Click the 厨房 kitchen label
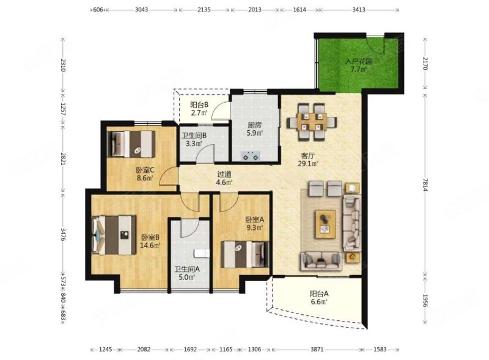click(254, 125)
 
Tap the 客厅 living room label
click(308, 155)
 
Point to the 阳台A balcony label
click(319, 293)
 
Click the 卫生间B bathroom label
click(194, 136)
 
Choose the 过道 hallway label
click(224, 175)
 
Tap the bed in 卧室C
click(131, 144)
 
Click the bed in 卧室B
click(114, 235)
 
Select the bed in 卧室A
click(245, 254)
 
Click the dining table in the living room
click(312, 122)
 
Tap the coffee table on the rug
click(325, 222)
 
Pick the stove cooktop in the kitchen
click(251, 156)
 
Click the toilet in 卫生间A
click(201, 254)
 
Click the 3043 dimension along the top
click(141, 10)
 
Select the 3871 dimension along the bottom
click(317, 350)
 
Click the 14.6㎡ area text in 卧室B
click(150, 246)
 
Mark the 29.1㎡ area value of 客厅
click(308, 163)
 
